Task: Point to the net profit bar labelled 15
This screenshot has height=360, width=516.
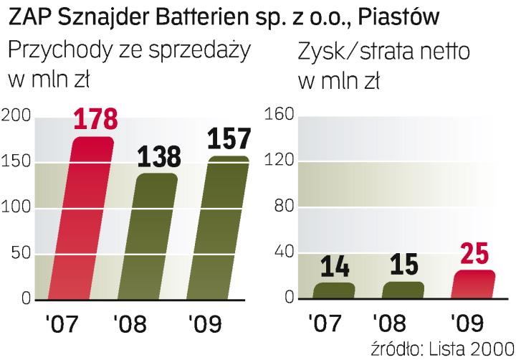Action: (403, 290)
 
